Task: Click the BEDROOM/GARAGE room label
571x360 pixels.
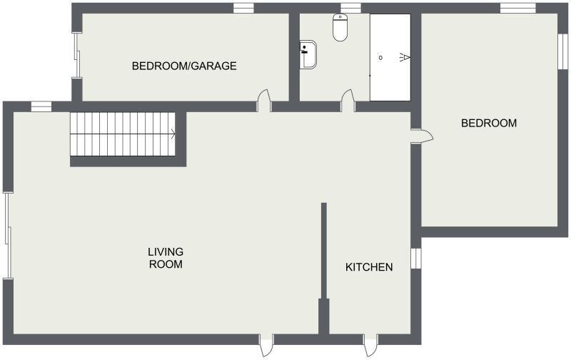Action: pos(184,66)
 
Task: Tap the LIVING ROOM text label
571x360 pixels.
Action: pos(166,258)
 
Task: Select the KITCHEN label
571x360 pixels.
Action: pos(369,267)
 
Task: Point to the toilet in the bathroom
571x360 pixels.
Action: pos(340,27)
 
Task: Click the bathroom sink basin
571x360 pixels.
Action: pos(308,54)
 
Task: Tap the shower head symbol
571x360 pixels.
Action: pos(405,57)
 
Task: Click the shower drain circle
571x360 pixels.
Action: pos(380,58)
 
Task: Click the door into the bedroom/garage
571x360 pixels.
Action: pos(264,101)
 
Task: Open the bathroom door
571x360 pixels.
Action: pos(348,101)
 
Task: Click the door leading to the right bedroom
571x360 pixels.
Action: pos(422,136)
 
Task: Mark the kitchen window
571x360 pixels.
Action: pos(416,259)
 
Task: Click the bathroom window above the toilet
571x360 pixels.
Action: pos(350,8)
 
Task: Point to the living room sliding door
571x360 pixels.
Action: pos(8,235)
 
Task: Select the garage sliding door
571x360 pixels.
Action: pos(77,55)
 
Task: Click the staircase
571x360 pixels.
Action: pos(123,134)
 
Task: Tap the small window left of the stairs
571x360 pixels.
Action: pos(41,106)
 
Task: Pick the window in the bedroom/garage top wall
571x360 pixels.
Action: pos(243,8)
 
